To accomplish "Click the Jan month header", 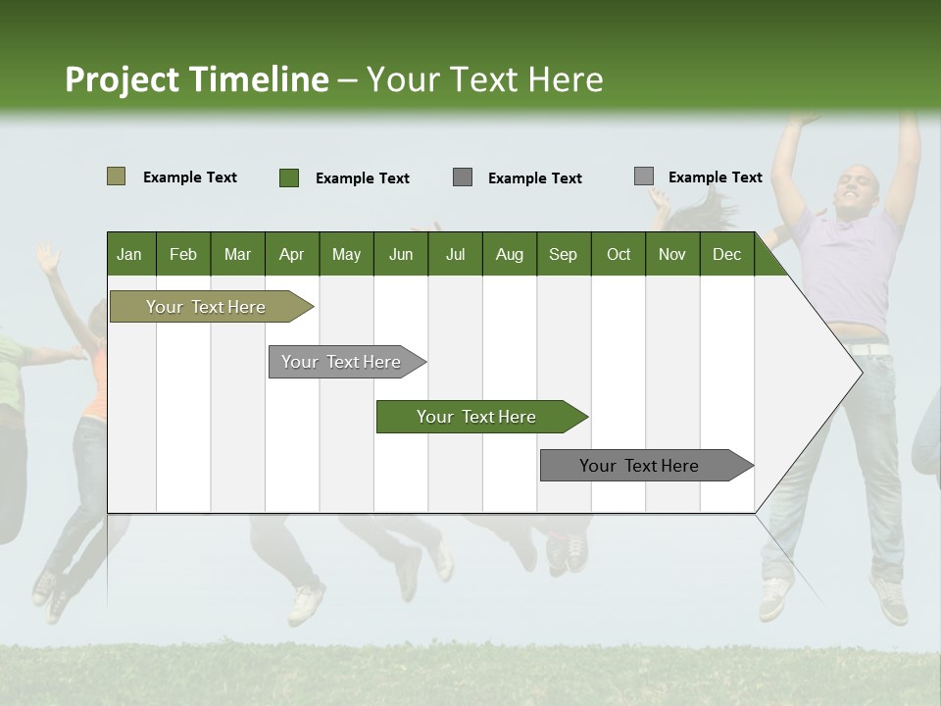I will tap(129, 254).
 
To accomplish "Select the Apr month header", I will tap(291, 254).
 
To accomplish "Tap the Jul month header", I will tap(455, 254).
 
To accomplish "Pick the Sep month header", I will tap(563, 254).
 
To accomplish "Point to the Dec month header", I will tap(726, 254).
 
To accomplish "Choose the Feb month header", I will tap(183, 254).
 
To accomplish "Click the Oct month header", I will tap(619, 254).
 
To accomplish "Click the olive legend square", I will tap(116, 176).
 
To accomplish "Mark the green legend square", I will tap(288, 177).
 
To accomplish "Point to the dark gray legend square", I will tap(463, 176).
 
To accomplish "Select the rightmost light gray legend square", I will tap(643, 176).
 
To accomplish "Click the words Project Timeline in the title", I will tap(197, 79).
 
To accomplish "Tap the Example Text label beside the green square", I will tap(362, 178).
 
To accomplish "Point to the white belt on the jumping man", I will tap(868, 349).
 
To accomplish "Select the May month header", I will tap(346, 254).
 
